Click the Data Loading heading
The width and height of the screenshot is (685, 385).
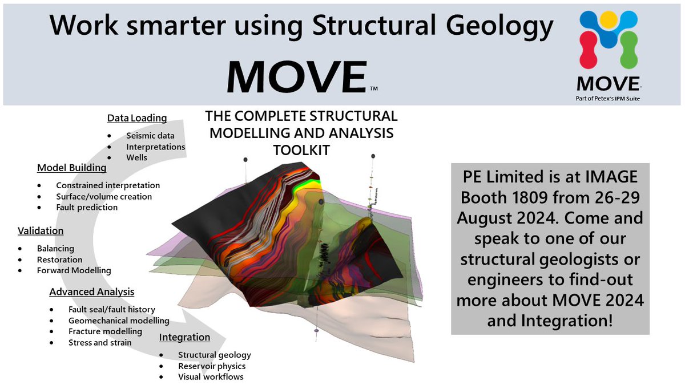point(137,118)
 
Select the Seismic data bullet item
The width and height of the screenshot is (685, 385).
point(150,135)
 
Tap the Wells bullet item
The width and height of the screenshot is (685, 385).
point(137,157)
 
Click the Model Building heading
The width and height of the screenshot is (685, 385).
point(71,168)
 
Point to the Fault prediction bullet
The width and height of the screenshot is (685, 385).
point(87,207)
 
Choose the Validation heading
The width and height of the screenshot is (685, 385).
point(41,230)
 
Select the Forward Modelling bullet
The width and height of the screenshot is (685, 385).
point(74,270)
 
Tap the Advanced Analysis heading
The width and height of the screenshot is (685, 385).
point(91,291)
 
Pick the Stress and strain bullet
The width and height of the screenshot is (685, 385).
point(99,342)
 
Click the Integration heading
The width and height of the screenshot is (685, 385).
point(184,337)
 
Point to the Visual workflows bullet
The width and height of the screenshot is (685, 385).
point(211,376)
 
